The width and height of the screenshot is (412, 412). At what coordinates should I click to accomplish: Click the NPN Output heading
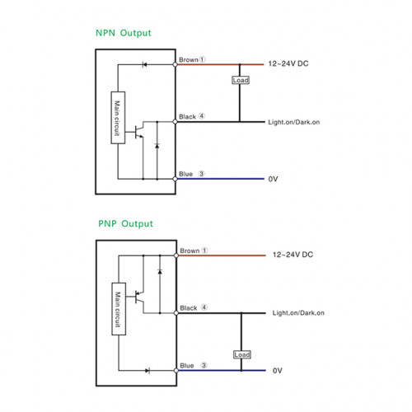pyautogui.click(x=124, y=33)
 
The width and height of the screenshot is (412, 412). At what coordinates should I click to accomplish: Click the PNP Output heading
pyautogui.click(x=125, y=224)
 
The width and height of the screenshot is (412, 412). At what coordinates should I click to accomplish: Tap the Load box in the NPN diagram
pyautogui.click(x=241, y=80)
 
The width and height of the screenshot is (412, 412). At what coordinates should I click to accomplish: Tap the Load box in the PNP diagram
pyautogui.click(x=242, y=354)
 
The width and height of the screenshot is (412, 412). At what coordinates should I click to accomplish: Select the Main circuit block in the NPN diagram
pyautogui.click(x=118, y=118)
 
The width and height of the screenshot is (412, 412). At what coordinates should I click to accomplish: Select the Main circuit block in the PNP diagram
pyautogui.click(x=119, y=309)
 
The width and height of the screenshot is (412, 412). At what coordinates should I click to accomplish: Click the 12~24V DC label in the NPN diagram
pyautogui.click(x=288, y=63)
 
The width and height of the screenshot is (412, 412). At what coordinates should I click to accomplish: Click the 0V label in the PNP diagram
pyautogui.click(x=278, y=371)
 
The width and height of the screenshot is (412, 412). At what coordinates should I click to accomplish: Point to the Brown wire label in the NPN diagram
pyautogui.click(x=189, y=59)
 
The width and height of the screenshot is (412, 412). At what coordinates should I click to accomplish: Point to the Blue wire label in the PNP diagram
pyautogui.click(x=187, y=366)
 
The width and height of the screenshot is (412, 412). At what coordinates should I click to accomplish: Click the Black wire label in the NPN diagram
pyautogui.click(x=187, y=117)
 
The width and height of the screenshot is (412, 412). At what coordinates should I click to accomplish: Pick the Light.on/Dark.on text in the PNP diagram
pyautogui.click(x=298, y=313)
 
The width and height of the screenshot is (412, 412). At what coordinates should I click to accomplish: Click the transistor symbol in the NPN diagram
pyautogui.click(x=138, y=132)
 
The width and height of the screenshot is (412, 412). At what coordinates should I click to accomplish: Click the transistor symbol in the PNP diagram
pyautogui.click(x=139, y=297)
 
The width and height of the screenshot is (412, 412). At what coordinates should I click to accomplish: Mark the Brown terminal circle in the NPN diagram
pyautogui.click(x=175, y=64)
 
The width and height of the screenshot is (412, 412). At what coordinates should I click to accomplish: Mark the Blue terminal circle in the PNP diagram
pyautogui.click(x=176, y=371)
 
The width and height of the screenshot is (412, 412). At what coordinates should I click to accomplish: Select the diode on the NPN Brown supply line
pyautogui.click(x=144, y=64)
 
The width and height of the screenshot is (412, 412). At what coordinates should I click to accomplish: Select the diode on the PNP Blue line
pyautogui.click(x=147, y=371)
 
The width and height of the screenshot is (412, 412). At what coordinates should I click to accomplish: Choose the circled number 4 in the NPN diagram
pyautogui.click(x=202, y=116)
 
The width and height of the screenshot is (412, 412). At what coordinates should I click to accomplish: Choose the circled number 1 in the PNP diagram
pyautogui.click(x=204, y=250)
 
